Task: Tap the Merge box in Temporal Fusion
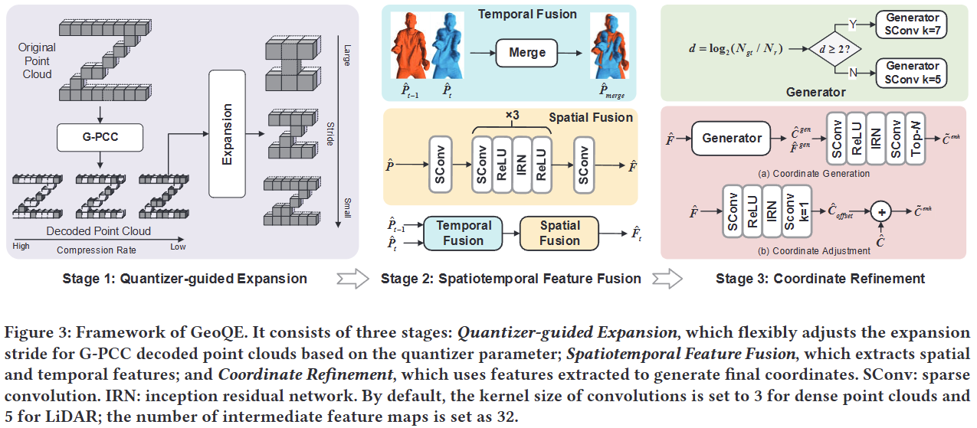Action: pyautogui.click(x=526, y=52)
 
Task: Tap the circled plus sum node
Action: pyautogui.click(x=883, y=211)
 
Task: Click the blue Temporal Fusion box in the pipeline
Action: pyautogui.click(x=463, y=232)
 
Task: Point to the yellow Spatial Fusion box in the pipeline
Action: pyautogui.click(x=559, y=232)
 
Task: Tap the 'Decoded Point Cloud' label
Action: pyautogui.click(x=100, y=230)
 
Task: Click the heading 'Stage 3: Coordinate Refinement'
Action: pyautogui.click(x=820, y=279)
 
